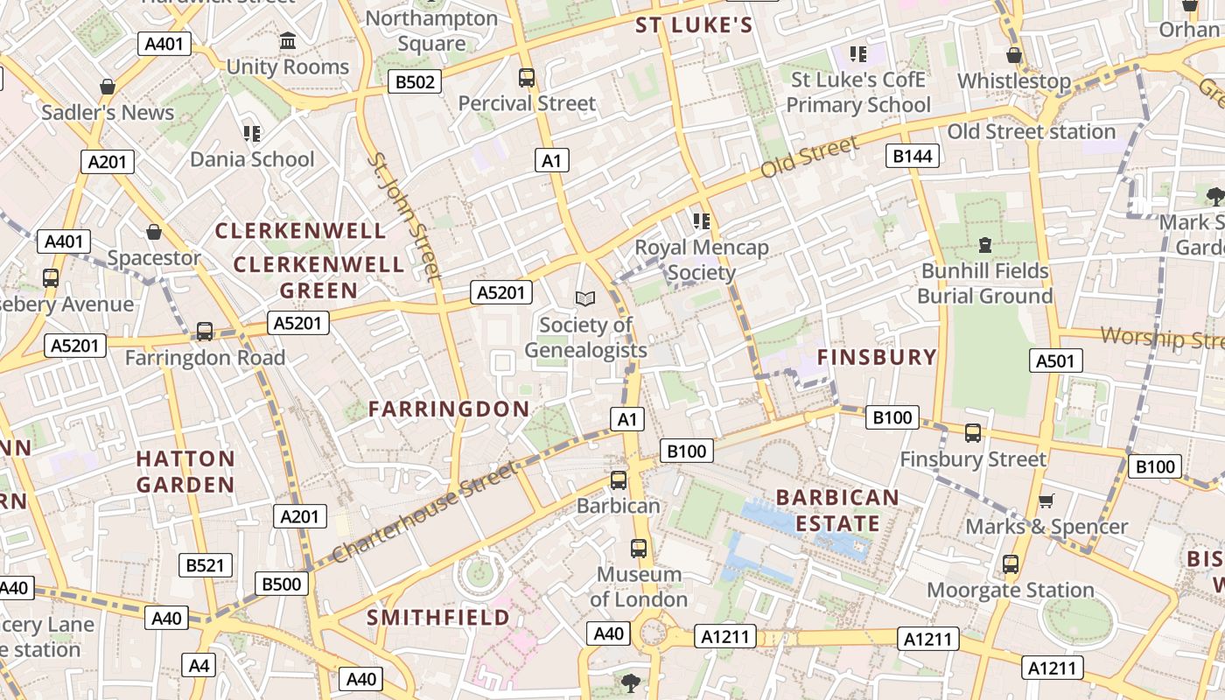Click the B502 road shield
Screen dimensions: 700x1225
(415, 82)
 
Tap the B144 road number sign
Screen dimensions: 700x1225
(913, 156)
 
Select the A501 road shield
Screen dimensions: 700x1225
(1056, 360)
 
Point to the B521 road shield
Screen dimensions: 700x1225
(206, 565)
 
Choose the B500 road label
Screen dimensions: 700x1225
(282, 584)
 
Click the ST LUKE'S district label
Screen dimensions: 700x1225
(694, 25)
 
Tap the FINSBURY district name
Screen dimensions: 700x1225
(877, 357)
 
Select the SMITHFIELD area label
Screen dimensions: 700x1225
(437, 618)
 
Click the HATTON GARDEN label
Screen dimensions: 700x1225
(185, 472)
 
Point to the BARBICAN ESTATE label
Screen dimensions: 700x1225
(837, 511)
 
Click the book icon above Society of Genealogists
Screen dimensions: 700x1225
(585, 298)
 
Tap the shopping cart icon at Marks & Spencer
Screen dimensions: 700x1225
(1046, 500)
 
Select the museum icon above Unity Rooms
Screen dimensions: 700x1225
(287, 41)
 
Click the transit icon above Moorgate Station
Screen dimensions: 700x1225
(1011, 563)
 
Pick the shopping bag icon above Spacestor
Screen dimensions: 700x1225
(154, 232)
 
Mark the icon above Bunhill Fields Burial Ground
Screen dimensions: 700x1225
(985, 244)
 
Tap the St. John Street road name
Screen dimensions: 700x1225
(403, 215)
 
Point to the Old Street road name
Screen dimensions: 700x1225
(809, 157)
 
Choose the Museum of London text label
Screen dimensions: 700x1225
(639, 587)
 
